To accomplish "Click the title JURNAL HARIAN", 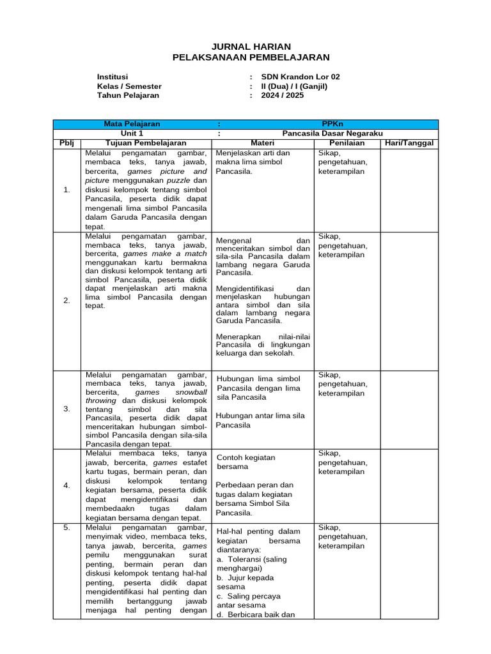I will [x=251, y=47].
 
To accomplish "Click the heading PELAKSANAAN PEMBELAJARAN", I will [x=251, y=57].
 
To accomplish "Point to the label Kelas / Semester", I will [x=129, y=86].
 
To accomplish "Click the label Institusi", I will [x=113, y=77].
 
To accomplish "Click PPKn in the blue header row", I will [x=332, y=124].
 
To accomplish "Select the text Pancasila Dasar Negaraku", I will [x=332, y=133].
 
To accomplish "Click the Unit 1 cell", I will [x=132, y=133].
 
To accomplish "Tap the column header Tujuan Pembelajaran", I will [x=146, y=142].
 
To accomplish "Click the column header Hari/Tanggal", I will [x=409, y=142].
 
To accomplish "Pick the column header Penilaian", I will [x=347, y=142].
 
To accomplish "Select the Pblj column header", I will [x=66, y=142].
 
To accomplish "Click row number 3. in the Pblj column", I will [x=66, y=409].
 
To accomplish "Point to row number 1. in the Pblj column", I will [x=66, y=190].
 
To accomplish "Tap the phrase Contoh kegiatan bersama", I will [x=246, y=462].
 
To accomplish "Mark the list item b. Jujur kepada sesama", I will [x=245, y=582].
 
